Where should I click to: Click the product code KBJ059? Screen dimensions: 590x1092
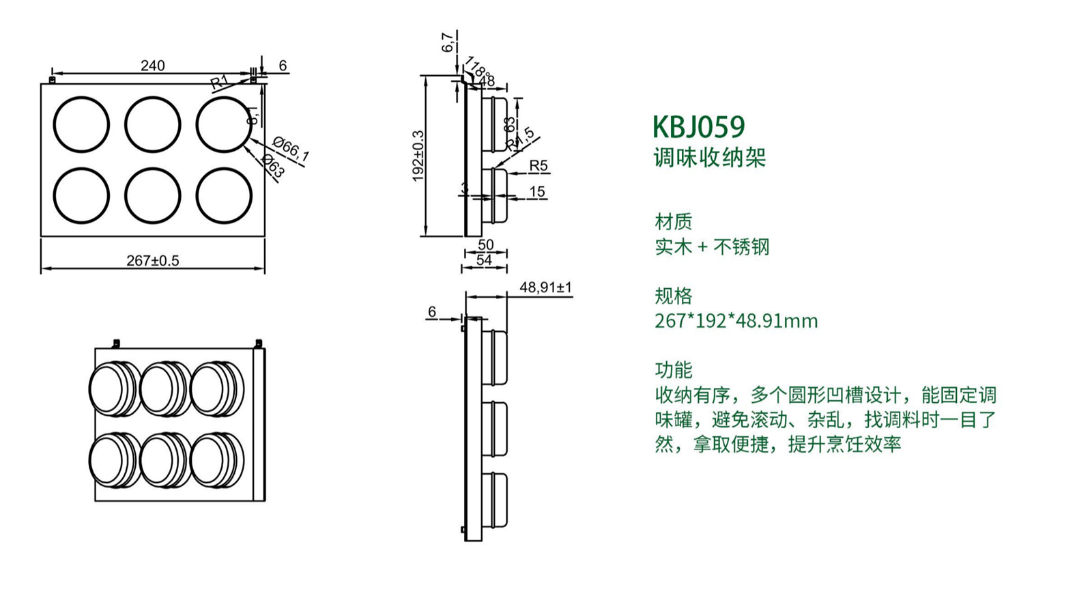tap(698, 127)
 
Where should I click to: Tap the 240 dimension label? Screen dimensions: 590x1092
tap(152, 66)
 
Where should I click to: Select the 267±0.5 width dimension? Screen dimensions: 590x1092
tap(152, 261)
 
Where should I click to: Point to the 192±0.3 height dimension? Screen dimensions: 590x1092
tap(418, 156)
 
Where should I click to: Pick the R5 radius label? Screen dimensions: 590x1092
tap(538, 166)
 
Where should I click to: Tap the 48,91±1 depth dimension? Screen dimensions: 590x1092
tap(545, 287)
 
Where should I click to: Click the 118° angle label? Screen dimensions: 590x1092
tap(478, 70)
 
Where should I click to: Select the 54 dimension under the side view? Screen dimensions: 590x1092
tap(484, 260)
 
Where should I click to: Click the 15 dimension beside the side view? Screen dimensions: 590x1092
tap(537, 192)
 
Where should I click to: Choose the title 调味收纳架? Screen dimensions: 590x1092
tap(710, 158)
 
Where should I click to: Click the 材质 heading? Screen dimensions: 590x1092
tap(673, 221)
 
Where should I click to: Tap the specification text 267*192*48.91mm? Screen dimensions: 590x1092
tap(736, 320)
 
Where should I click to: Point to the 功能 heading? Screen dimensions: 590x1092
tap(673, 370)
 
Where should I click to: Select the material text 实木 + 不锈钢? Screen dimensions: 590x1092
tap(712, 247)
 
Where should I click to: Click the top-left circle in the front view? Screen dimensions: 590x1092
tap(81, 125)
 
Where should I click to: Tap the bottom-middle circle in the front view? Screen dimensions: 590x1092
tap(153, 195)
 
